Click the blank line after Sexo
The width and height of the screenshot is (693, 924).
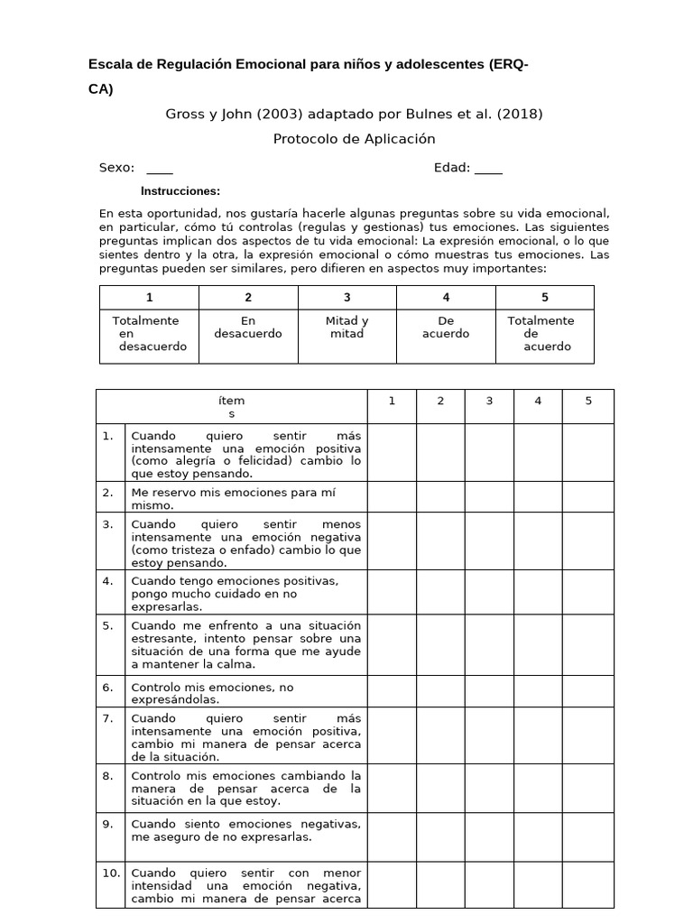[x=159, y=169]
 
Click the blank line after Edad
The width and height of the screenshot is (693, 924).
[x=488, y=169]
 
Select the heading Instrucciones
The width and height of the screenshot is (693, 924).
[x=180, y=191]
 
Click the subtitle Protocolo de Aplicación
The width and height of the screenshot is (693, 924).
[x=354, y=139]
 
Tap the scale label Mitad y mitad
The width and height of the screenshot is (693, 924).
[x=346, y=328]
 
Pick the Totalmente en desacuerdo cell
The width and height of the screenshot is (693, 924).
[x=149, y=334]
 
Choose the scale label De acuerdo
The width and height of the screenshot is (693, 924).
[x=446, y=328]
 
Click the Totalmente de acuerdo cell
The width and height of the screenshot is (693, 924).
[x=544, y=334]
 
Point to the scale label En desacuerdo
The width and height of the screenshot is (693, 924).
[x=248, y=328]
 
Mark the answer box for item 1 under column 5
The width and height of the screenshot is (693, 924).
[x=587, y=453]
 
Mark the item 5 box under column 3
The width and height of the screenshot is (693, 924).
[x=489, y=645]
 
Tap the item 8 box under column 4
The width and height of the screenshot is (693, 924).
[x=538, y=789]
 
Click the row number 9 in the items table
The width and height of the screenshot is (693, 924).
[x=107, y=824]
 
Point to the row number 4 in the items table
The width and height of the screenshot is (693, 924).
[x=107, y=581]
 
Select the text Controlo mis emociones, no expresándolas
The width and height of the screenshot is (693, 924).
[x=213, y=693]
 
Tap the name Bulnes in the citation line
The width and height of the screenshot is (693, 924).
[x=421, y=115]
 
